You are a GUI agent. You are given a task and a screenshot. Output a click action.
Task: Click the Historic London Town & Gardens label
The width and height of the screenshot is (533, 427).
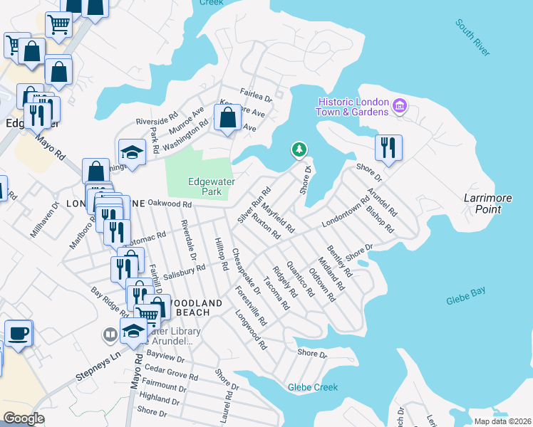pyautogui.click(x=353, y=106)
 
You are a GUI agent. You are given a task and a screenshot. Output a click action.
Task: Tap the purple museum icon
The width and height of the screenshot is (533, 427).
pyautogui.click(x=399, y=107)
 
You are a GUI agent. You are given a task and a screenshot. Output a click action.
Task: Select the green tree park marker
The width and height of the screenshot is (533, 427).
pyautogui.click(x=299, y=149)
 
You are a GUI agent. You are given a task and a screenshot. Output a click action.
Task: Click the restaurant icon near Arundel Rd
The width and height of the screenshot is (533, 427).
pyautogui.click(x=388, y=147)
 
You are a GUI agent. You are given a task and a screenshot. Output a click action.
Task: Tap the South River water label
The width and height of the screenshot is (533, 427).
pyautogui.click(x=474, y=38)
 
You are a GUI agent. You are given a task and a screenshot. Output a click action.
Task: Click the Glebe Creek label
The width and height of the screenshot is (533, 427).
pyautogui.click(x=312, y=387)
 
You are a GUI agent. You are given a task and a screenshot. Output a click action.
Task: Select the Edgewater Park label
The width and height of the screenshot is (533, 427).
pyautogui.click(x=211, y=186)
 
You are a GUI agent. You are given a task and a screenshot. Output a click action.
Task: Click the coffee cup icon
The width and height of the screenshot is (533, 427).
pyautogui.click(x=19, y=332)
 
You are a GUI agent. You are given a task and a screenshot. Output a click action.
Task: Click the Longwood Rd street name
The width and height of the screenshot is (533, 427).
pyautogui.click(x=251, y=334)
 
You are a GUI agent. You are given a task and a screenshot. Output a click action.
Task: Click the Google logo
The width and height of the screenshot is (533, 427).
pyautogui.click(x=24, y=418)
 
